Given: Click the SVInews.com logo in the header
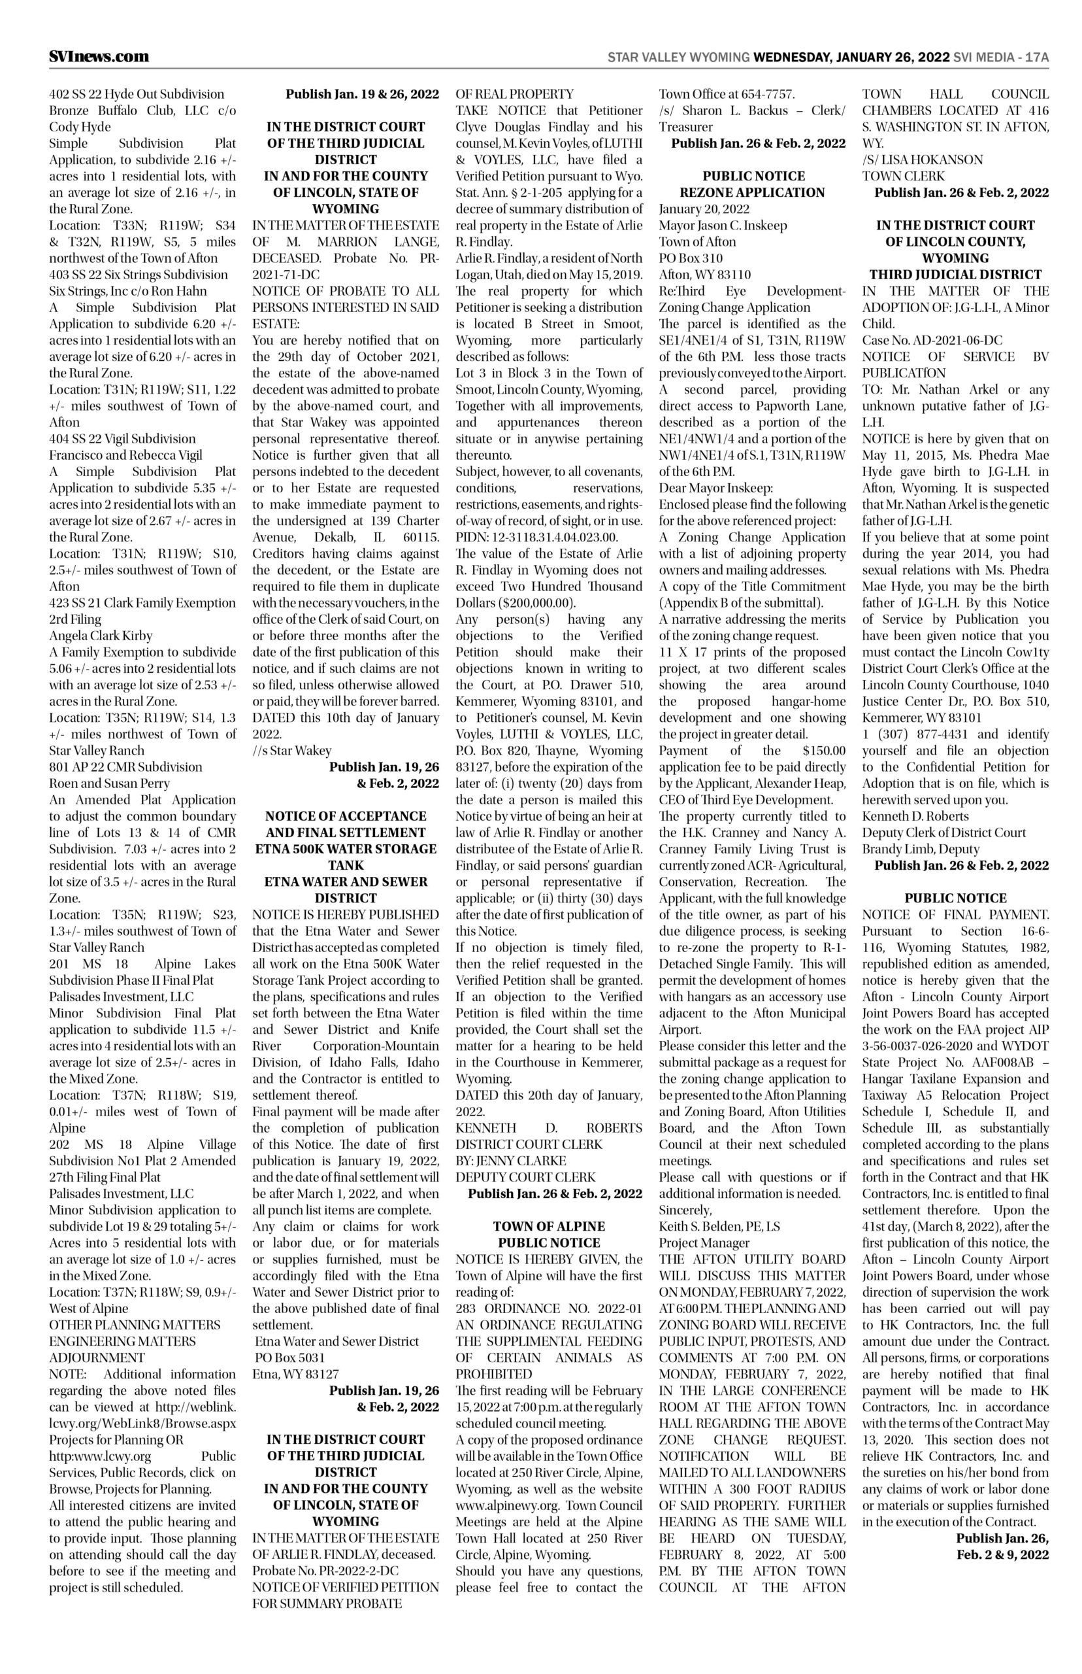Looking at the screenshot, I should [x=99, y=56].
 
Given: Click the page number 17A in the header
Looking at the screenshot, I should [x=1036, y=57].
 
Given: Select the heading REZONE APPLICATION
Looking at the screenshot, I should [x=752, y=192].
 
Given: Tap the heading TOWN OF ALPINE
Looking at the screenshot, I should [x=549, y=1226].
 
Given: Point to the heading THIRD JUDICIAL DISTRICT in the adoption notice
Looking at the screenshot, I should [x=955, y=274].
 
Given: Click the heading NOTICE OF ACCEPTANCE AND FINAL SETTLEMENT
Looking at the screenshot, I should [x=346, y=824].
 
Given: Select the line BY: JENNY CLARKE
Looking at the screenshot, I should [x=511, y=1160].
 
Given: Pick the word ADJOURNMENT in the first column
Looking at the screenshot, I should [x=97, y=1358].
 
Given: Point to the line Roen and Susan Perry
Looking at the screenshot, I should [x=109, y=783].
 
